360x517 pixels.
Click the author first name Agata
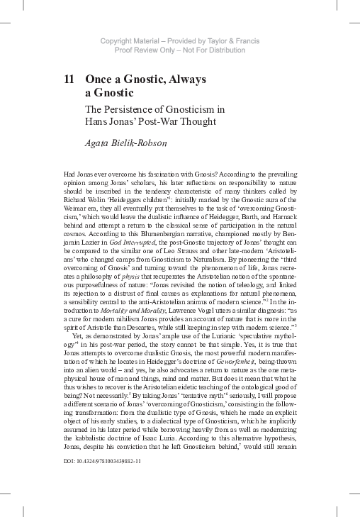tap(99, 144)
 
